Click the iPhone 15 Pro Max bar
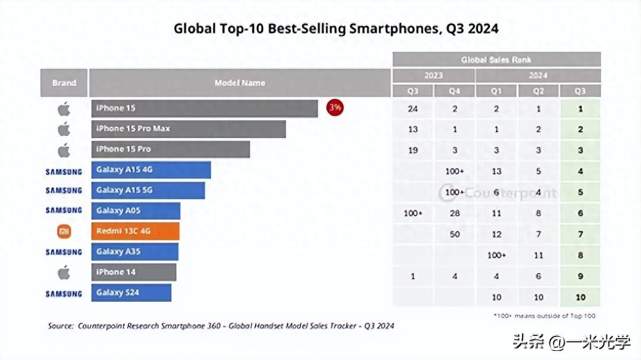(x=188, y=129)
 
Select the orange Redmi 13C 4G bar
(x=135, y=231)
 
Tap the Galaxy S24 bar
(x=131, y=293)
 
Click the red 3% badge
(x=335, y=108)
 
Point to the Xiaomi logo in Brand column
(x=64, y=231)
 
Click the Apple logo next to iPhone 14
(x=64, y=272)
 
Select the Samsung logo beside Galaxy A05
(x=64, y=210)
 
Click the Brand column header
(x=64, y=83)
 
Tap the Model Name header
(x=240, y=83)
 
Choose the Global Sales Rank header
(x=496, y=59)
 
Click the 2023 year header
(x=433, y=75)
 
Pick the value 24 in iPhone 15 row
(x=412, y=108)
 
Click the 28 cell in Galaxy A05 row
(x=455, y=213)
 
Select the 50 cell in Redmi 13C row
(x=455, y=234)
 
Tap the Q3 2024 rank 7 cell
(x=580, y=234)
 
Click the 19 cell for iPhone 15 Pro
(x=412, y=150)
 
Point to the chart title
(x=336, y=28)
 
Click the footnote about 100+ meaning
(x=544, y=316)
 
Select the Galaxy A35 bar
(x=135, y=252)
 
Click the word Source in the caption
(x=60, y=325)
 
